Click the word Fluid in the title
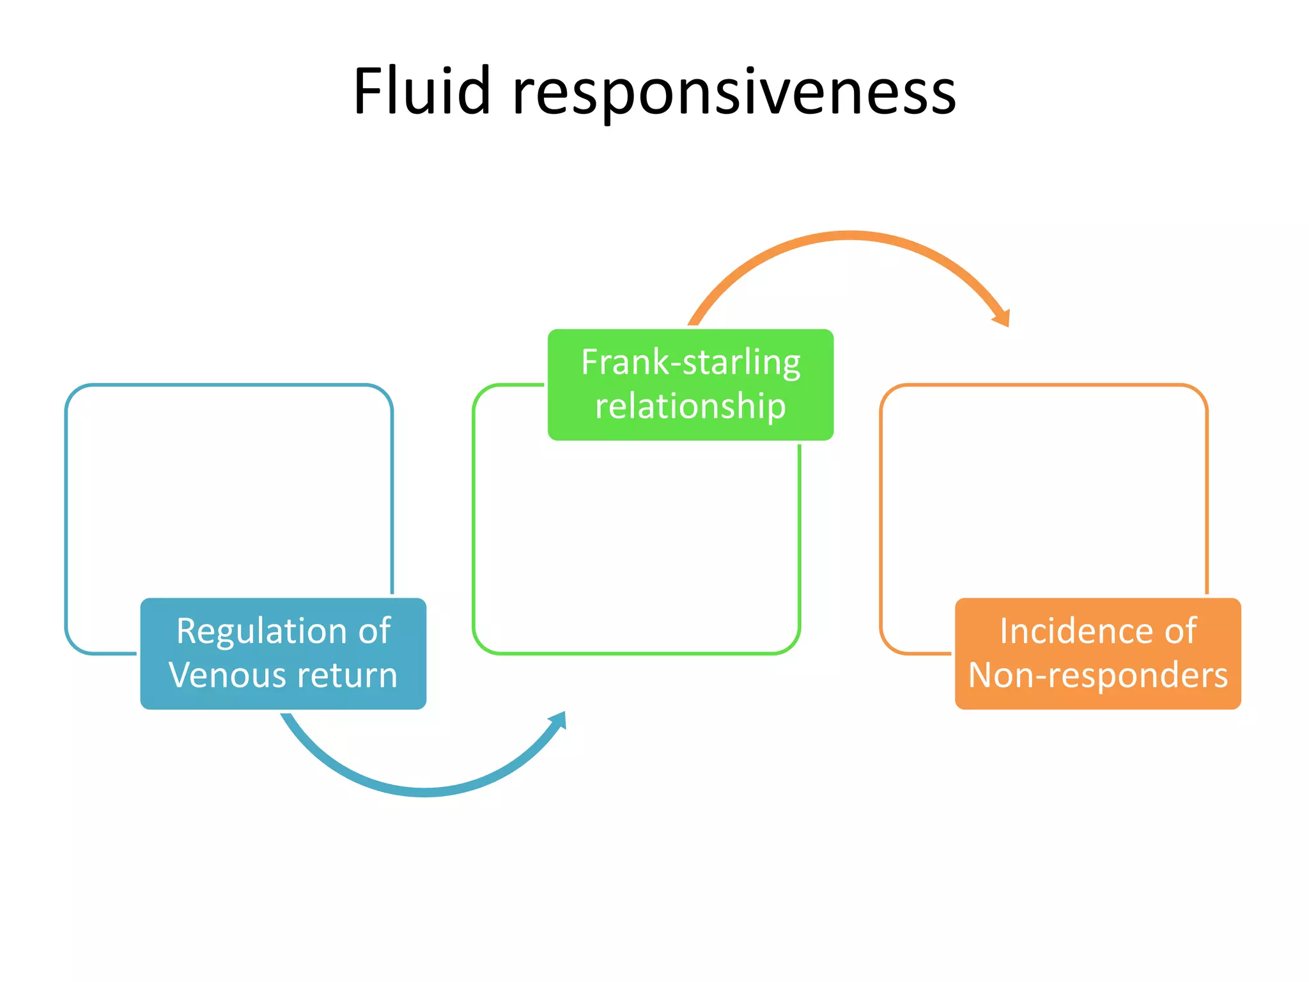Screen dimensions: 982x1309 point(422,93)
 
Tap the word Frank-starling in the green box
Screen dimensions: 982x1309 point(690,362)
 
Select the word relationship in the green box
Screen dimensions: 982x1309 point(690,407)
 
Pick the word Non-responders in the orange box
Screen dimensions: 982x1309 point(1097,675)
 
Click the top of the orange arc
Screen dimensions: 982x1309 point(850,235)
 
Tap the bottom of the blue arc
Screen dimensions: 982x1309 point(425,792)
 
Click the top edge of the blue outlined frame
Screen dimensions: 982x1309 point(229,385)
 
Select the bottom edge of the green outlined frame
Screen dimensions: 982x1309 point(636,653)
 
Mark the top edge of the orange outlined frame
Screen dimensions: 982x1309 point(1044,385)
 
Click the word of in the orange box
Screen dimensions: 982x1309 point(1180,632)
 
